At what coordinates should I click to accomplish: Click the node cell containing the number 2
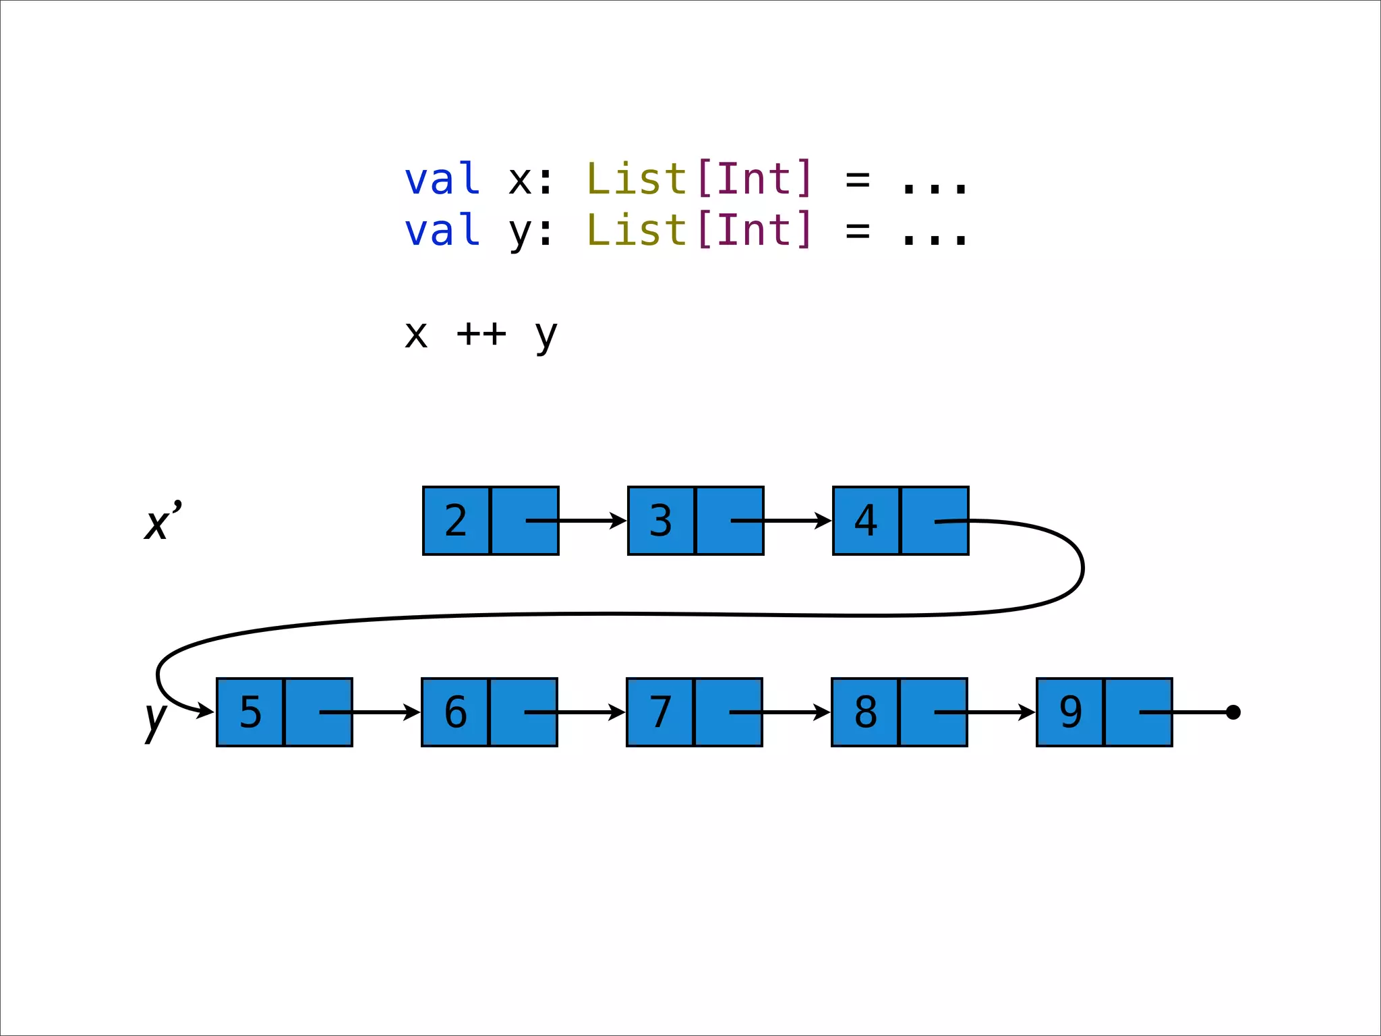coord(456,521)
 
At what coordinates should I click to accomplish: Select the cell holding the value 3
coord(661,521)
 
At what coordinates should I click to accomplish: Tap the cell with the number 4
coord(866,521)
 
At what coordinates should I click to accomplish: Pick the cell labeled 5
coord(250,712)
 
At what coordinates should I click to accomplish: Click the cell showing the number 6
coord(455,712)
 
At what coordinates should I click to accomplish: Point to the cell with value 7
coord(660,712)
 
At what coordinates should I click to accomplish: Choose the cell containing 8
coord(865,712)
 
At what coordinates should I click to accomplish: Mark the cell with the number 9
coord(1070,712)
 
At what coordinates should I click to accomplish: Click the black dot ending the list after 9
coord(1233,712)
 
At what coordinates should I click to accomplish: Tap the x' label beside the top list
coord(163,521)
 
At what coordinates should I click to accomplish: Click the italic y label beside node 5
coord(155,719)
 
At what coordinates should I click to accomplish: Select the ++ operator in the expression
coord(481,333)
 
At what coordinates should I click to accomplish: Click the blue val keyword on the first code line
coord(442,179)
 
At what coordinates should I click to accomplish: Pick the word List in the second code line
coord(637,231)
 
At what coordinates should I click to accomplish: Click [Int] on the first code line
coord(755,179)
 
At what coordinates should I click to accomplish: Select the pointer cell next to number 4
coord(935,521)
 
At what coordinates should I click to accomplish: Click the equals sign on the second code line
coord(858,231)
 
